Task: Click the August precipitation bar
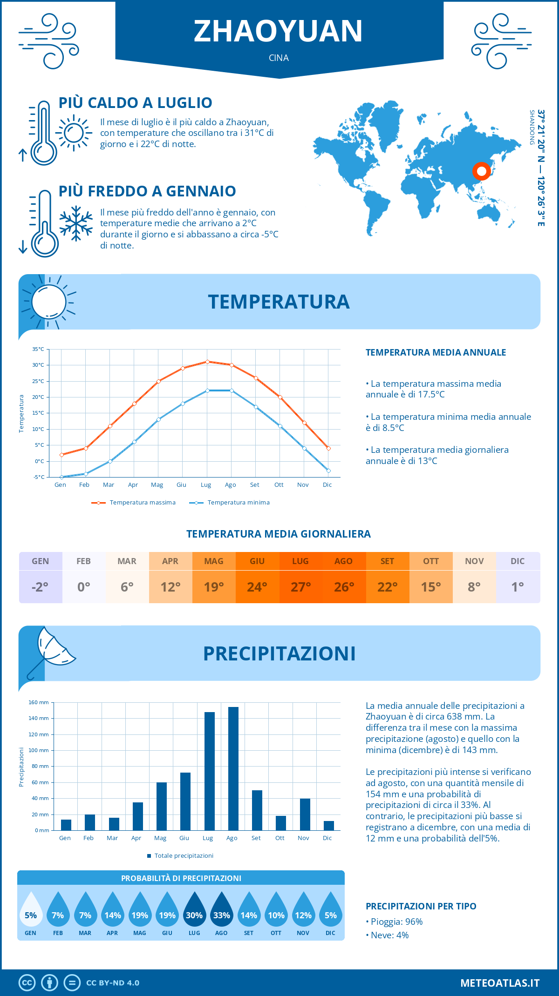233,768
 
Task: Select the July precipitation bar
210,771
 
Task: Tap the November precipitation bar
305,814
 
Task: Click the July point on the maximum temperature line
207,362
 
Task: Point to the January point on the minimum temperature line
61,477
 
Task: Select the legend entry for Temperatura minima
230,503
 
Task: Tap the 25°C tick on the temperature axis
38,381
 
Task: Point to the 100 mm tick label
39,750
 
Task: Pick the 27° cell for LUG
300,587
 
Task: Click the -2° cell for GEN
40,587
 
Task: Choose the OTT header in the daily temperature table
431,561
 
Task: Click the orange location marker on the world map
482,171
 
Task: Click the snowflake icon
76,223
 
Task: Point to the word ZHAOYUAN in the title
278,31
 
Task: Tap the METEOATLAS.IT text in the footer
499,983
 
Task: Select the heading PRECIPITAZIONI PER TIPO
421,906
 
